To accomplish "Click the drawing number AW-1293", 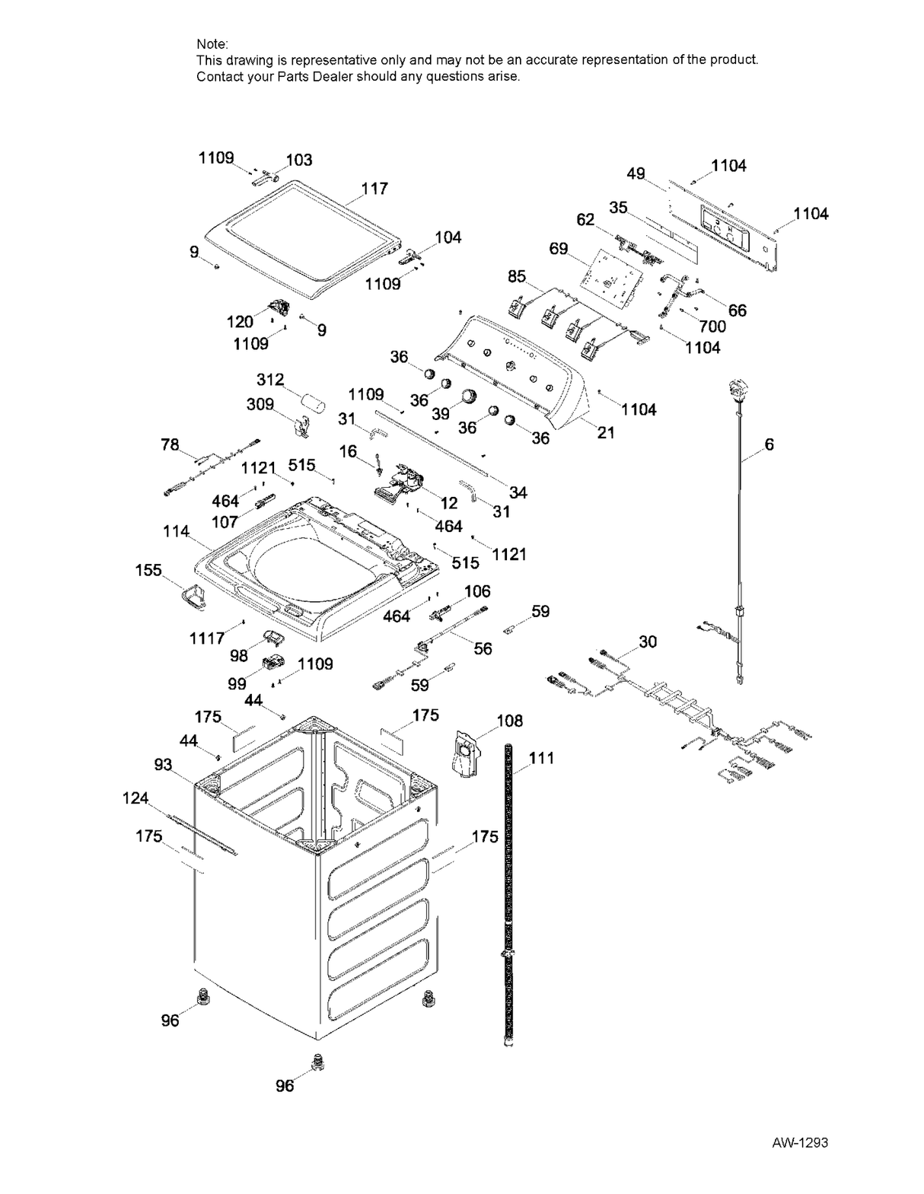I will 799,1142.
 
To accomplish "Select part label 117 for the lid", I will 374,188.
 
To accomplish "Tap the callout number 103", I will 299,160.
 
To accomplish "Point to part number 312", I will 270,379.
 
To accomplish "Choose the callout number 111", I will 541,758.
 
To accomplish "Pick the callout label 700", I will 712,327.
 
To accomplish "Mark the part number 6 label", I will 769,444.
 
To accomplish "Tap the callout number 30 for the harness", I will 648,642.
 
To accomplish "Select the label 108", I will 510,720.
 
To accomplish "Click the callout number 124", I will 135,798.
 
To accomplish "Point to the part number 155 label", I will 148,570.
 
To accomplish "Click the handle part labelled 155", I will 193,596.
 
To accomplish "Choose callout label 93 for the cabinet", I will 164,765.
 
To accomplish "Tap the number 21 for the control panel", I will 606,432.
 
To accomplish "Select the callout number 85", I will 517,276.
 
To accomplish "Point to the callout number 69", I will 559,249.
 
